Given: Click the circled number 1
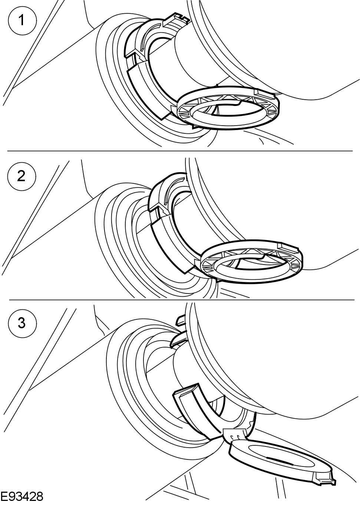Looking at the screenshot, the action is click(22, 20).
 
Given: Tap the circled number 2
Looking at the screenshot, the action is click(22, 176).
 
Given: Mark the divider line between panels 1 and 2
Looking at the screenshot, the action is click(180, 151).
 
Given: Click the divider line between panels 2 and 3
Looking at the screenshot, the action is click(180, 299).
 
